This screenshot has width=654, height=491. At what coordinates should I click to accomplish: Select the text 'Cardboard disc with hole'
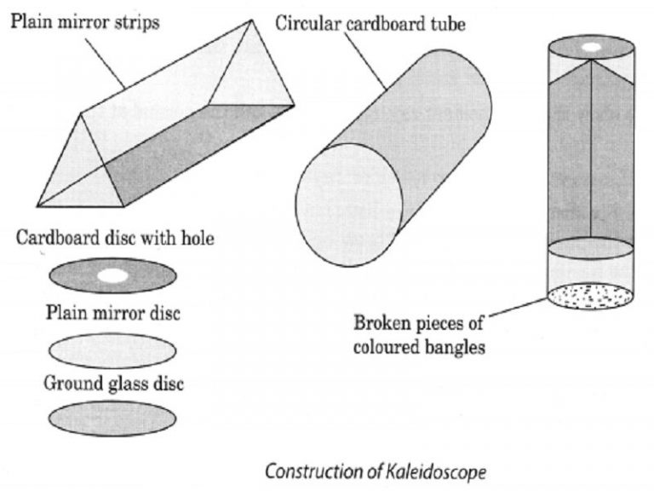(x=115, y=239)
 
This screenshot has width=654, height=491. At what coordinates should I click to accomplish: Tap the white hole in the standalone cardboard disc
(x=112, y=275)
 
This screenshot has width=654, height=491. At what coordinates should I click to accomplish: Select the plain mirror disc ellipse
(x=112, y=349)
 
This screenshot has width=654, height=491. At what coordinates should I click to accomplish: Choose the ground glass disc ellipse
(x=112, y=419)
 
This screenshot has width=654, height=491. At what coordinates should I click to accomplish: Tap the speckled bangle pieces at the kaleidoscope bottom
(x=590, y=297)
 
